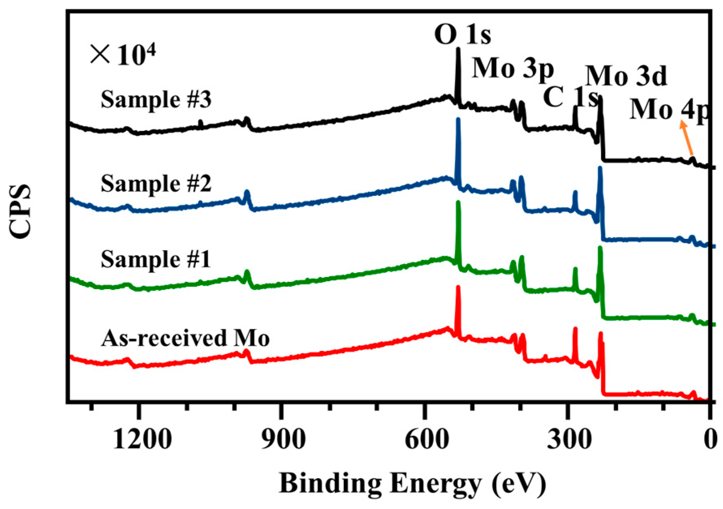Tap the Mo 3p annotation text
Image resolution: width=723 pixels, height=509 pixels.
point(513,68)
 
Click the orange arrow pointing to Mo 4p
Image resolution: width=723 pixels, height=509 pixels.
point(687,140)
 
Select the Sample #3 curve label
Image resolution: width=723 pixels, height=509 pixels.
point(156,100)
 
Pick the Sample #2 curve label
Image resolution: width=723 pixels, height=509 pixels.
point(156,184)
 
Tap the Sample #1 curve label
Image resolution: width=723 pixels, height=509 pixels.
point(156,260)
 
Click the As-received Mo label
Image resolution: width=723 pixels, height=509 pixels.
point(185,338)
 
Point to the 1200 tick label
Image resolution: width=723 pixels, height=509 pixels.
point(142,439)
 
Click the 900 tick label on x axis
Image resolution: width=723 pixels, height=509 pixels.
point(283,439)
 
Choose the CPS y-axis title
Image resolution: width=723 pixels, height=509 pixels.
point(20,211)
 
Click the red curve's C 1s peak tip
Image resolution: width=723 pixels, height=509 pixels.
point(575,328)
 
